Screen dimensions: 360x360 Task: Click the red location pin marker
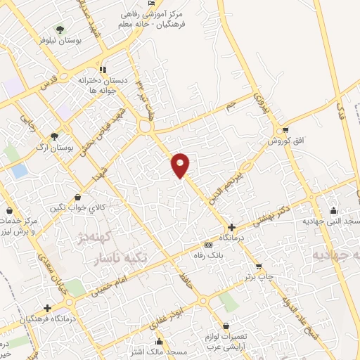tap(181, 165)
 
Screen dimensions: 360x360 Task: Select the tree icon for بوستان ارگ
tap(55, 136)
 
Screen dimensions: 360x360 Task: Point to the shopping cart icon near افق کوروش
tap(284, 130)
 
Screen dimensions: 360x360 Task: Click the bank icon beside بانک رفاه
tap(207, 243)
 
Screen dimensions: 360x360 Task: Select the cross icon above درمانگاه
tap(231, 226)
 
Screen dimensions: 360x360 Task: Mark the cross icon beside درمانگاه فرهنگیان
tap(47, 308)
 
